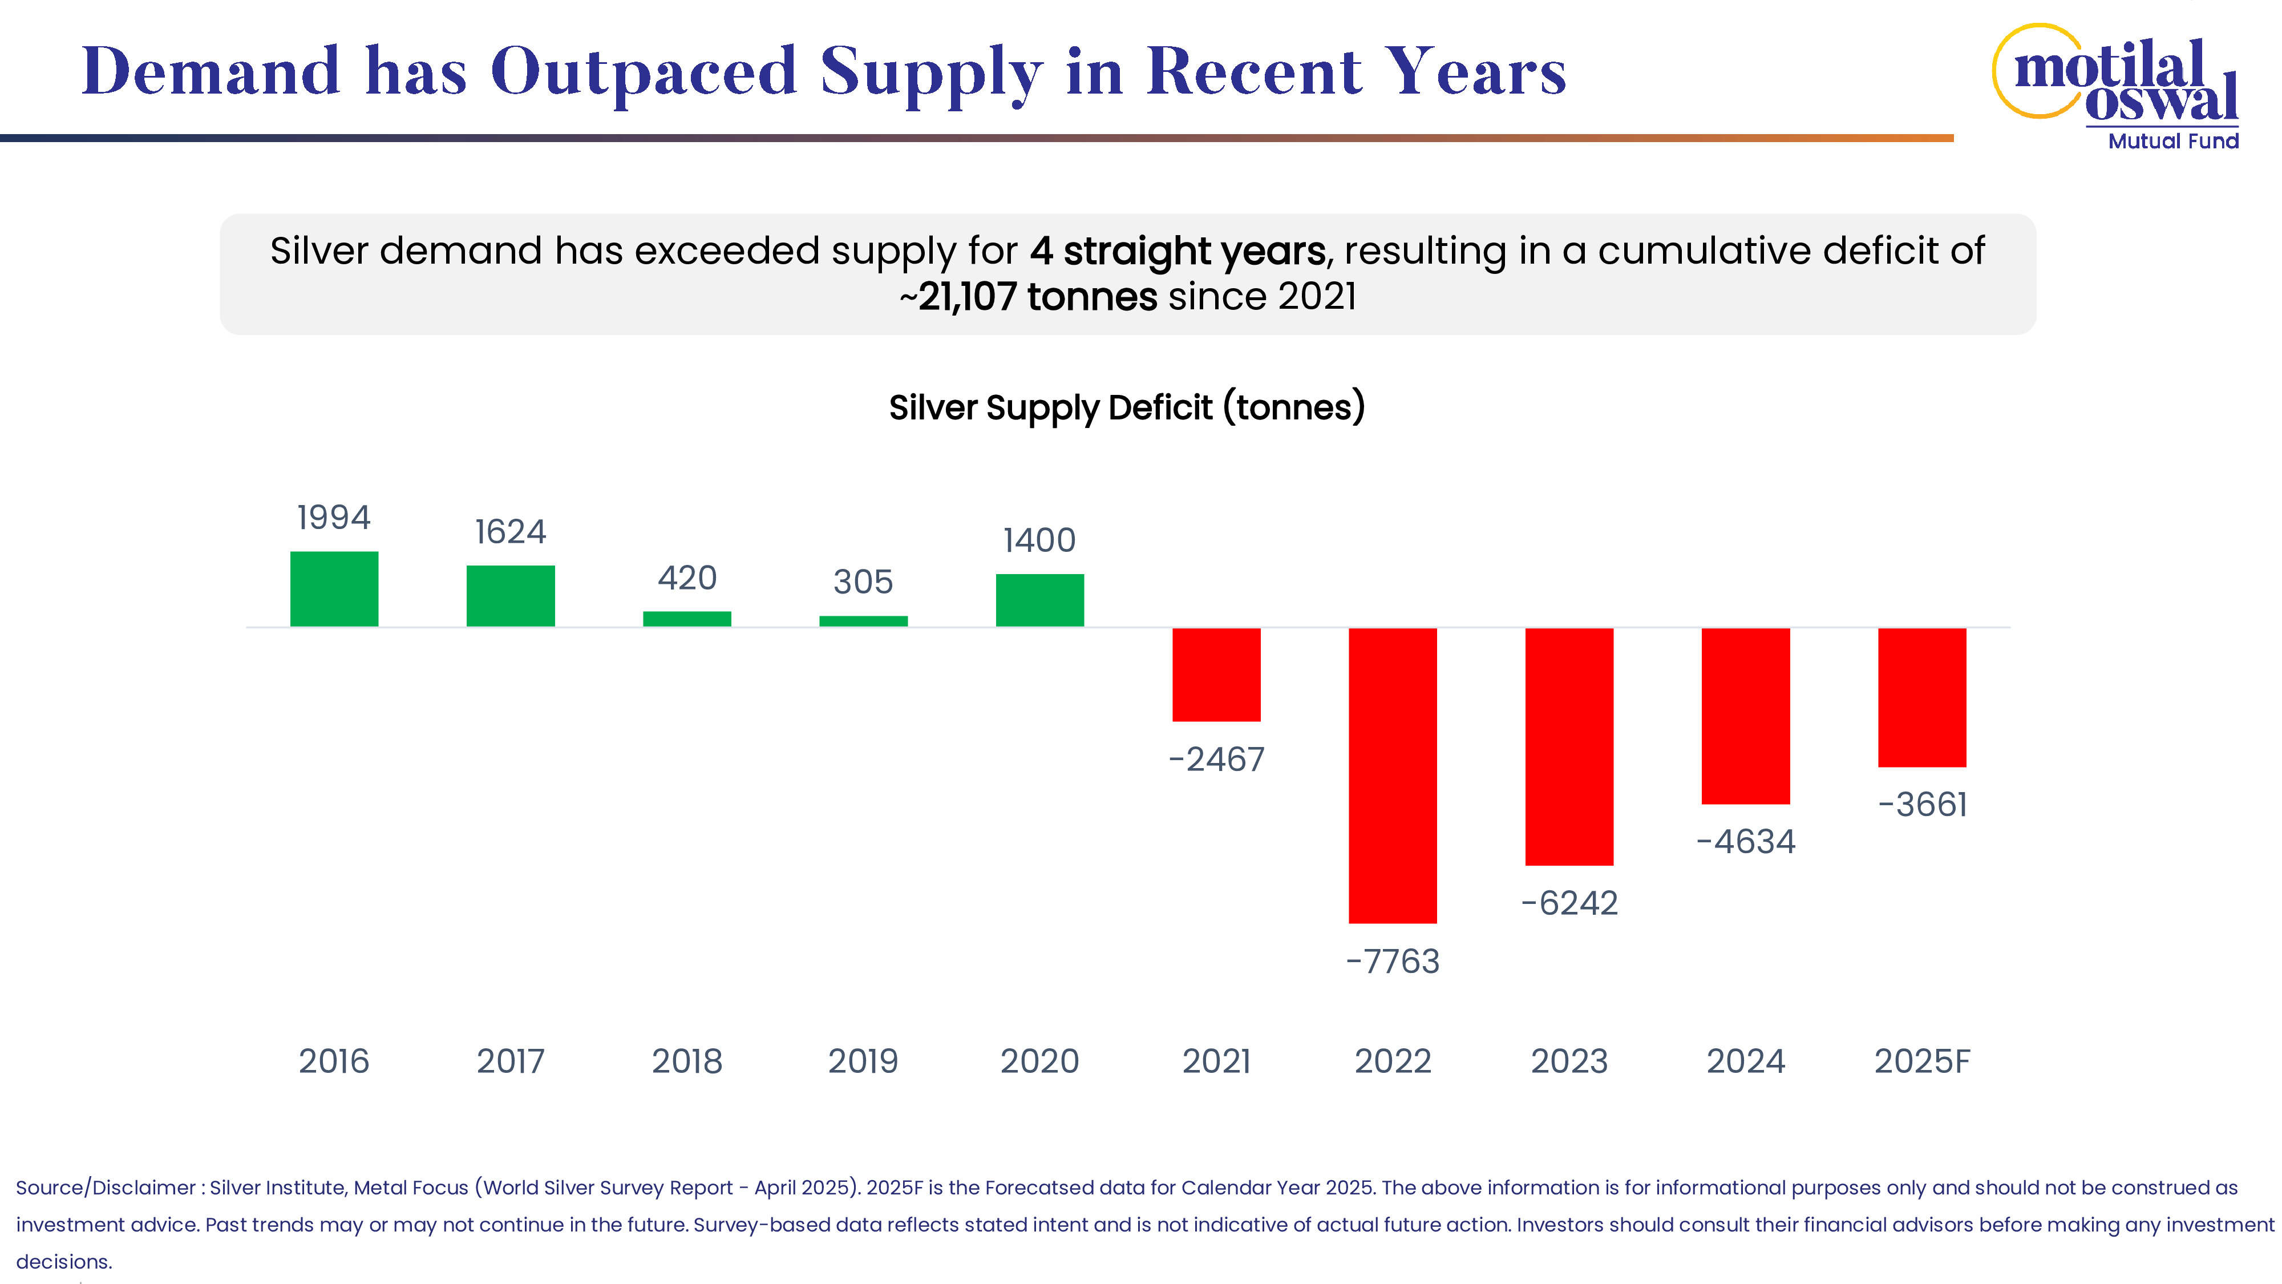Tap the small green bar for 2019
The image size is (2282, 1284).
863,621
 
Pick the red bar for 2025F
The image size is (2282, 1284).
1921,697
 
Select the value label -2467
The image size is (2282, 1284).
1216,760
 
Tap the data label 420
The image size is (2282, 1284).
686,578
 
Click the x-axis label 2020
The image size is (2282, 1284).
1039,1061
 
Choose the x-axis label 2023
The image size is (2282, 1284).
1569,1061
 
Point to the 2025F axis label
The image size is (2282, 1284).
1921,1061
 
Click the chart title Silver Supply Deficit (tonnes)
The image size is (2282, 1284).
1127,407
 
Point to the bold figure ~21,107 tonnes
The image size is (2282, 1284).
1027,297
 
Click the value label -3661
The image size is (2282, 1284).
1921,805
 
